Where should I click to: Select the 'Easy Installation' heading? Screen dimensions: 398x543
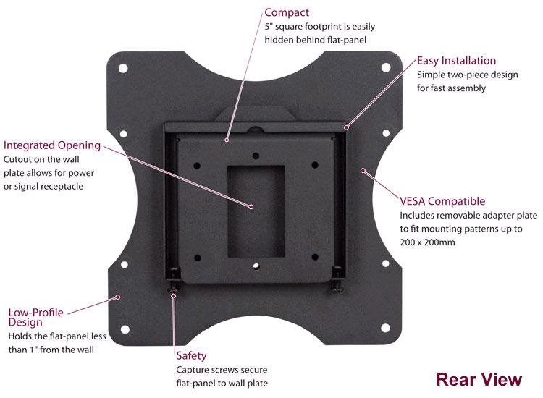coord(456,60)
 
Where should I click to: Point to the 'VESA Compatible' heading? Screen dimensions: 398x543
coord(442,201)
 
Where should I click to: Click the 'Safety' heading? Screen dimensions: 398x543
coord(192,355)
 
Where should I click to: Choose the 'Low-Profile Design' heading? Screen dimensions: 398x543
coord(35,317)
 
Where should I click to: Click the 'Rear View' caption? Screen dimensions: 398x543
coord(479,378)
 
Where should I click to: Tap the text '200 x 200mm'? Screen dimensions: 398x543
coord(428,242)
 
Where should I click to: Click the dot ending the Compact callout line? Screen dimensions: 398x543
coord(227,137)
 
